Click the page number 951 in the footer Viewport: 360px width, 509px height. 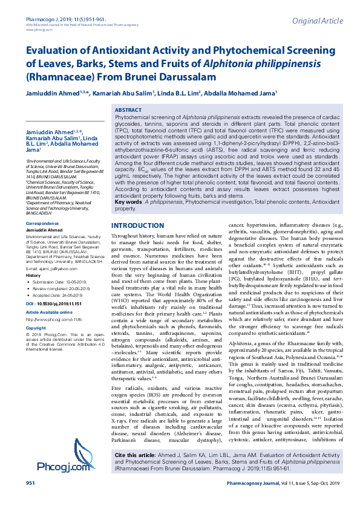click(x=30, y=501)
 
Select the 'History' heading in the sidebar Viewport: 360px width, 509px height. click(x=33, y=275)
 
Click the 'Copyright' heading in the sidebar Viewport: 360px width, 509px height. click(x=36, y=328)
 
